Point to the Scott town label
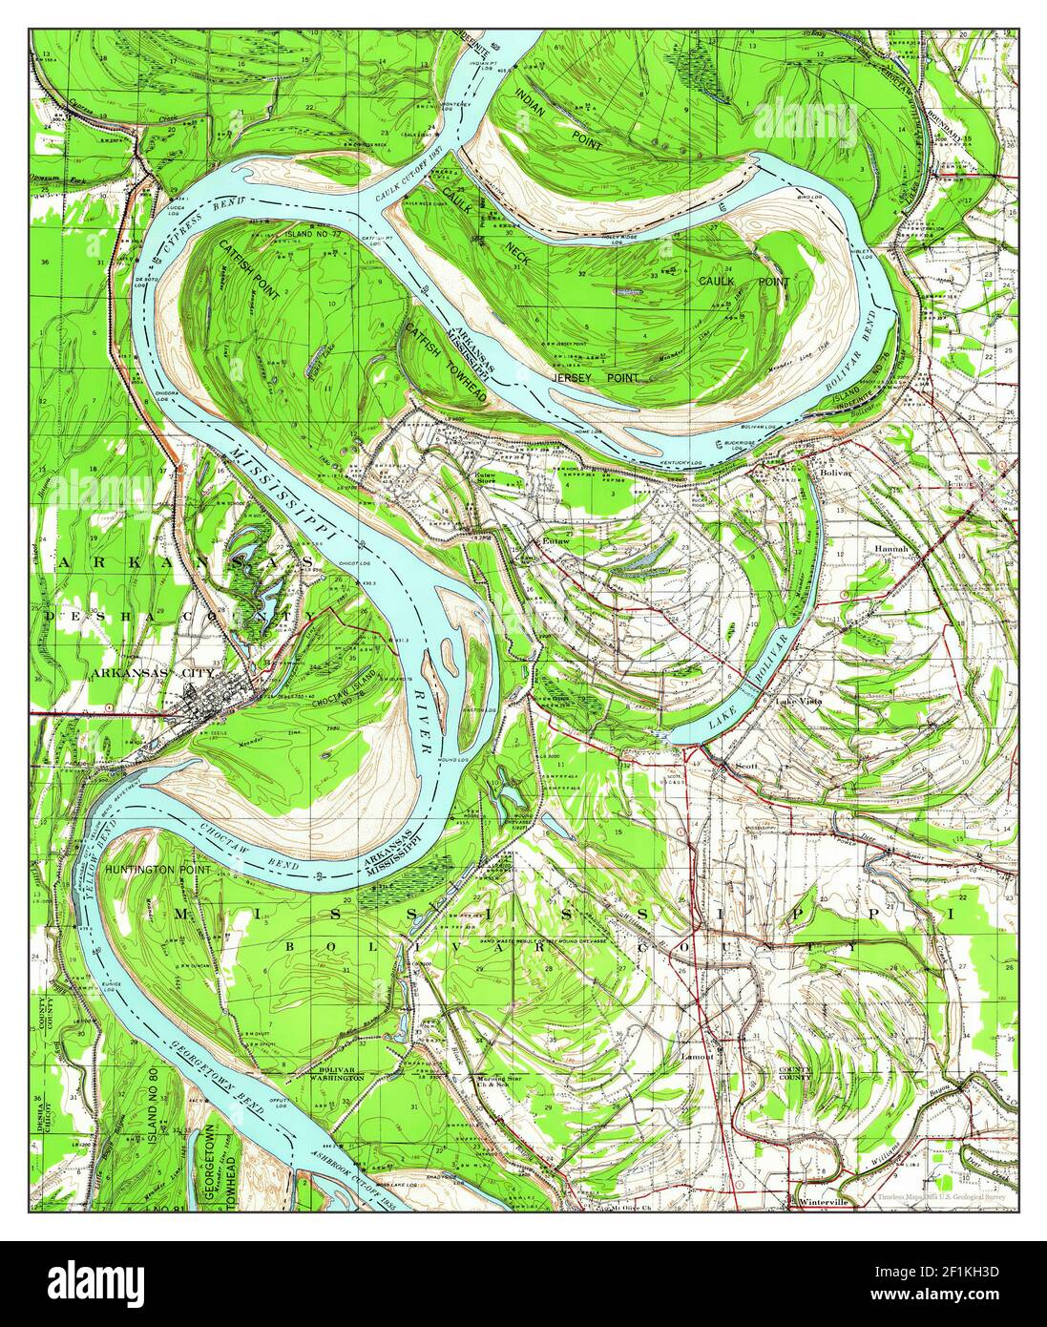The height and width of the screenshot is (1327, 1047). coord(745,766)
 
